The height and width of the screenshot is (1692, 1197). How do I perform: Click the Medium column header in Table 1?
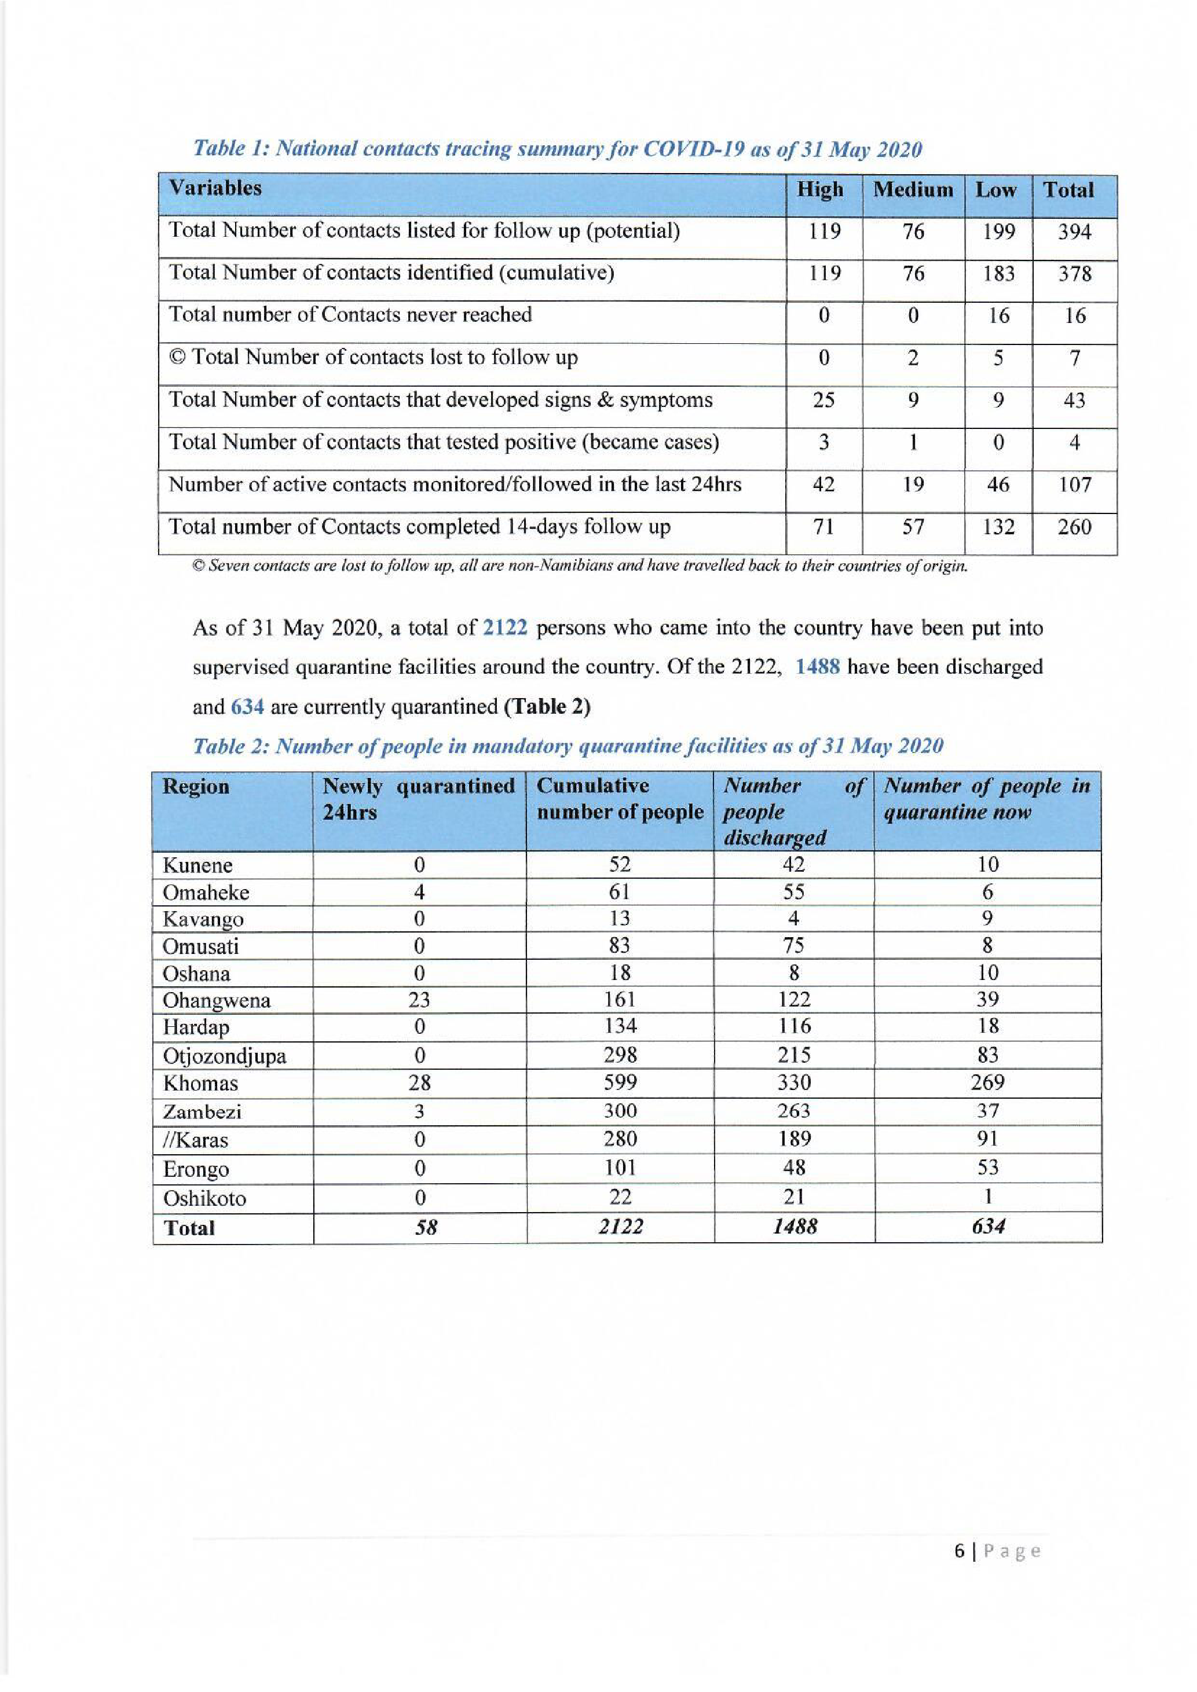tap(913, 190)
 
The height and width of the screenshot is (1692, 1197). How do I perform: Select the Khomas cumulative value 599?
tap(620, 1082)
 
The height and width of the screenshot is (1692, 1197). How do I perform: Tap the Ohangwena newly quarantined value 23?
tap(419, 1000)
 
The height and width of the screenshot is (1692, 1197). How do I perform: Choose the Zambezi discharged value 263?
tap(793, 1111)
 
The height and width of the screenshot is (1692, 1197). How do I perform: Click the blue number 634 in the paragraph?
tap(247, 707)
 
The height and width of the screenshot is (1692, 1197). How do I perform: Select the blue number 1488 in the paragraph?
tap(818, 667)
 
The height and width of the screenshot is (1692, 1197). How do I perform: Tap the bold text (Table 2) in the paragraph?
tap(546, 707)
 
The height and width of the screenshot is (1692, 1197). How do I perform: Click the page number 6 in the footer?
tap(959, 1551)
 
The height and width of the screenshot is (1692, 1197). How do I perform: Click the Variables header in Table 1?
tap(215, 189)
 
